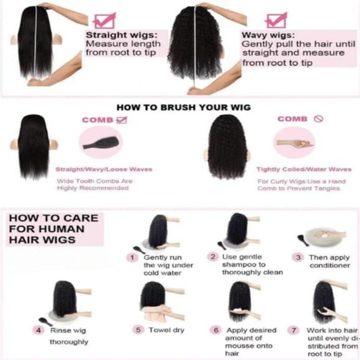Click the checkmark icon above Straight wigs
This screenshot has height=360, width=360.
[104, 21]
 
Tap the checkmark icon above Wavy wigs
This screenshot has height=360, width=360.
[276, 21]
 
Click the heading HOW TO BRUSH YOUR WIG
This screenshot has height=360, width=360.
[184, 107]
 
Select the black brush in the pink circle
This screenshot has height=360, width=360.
[101, 143]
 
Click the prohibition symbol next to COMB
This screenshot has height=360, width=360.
[319, 119]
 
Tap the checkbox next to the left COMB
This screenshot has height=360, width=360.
[122, 120]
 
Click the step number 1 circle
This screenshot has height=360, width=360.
[132, 258]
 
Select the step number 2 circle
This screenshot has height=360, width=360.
[213, 256]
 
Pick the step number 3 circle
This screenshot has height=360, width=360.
[298, 257]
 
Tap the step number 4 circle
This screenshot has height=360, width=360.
[39, 330]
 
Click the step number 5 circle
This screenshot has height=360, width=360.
[138, 330]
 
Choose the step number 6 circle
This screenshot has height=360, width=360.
[216, 330]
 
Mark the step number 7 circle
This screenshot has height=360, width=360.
[294, 330]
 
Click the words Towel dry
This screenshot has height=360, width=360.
[166, 330]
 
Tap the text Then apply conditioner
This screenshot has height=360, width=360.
[329, 261]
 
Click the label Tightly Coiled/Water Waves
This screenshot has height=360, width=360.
[304, 170]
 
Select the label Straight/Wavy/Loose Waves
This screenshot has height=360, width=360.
[104, 170]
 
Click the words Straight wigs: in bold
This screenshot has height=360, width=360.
[121, 35]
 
